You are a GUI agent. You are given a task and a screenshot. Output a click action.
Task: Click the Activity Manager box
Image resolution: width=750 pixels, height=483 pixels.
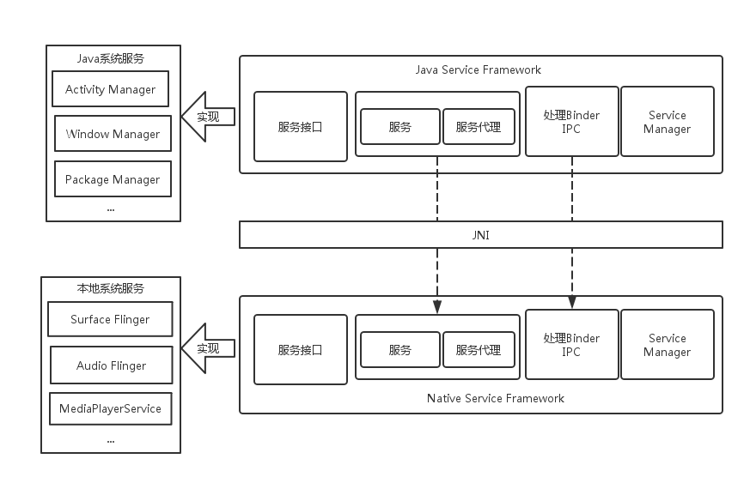click(110, 89)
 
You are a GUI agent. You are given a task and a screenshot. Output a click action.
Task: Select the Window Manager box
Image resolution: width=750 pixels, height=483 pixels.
click(113, 134)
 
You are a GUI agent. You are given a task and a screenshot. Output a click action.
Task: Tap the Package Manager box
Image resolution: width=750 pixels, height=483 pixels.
click(113, 179)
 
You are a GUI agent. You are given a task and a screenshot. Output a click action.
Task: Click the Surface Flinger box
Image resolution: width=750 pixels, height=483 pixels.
click(110, 319)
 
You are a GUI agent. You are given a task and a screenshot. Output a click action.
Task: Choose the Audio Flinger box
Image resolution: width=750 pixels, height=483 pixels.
click(111, 365)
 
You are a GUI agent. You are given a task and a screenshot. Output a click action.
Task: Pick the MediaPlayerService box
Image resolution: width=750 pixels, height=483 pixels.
click(110, 408)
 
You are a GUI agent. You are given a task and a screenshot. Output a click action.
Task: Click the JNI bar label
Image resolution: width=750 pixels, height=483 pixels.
click(480, 234)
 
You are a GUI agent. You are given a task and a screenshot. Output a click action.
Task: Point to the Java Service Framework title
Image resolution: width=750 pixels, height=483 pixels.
click(479, 69)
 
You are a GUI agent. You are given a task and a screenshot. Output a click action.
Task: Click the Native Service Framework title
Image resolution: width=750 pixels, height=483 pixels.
click(496, 398)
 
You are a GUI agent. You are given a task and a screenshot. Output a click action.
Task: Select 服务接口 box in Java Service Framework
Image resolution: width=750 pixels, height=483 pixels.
click(301, 127)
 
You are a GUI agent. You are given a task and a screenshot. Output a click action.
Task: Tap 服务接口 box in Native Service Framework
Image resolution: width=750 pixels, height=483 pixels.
click(301, 350)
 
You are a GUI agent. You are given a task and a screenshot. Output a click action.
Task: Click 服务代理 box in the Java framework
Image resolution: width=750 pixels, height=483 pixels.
click(479, 127)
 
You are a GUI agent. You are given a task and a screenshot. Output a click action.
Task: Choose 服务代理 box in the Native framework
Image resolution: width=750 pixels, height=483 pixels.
click(479, 350)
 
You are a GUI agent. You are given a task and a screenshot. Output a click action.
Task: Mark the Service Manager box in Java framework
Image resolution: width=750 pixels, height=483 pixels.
click(667, 122)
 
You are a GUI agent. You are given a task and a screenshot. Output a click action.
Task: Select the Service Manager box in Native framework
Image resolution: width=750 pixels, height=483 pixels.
click(667, 345)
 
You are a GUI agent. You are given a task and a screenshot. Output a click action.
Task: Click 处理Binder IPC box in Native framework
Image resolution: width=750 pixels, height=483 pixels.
click(571, 345)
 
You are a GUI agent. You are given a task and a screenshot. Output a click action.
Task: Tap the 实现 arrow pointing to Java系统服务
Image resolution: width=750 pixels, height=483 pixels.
click(206, 117)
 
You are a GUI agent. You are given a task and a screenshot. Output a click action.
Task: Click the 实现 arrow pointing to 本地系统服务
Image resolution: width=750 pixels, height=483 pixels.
click(206, 348)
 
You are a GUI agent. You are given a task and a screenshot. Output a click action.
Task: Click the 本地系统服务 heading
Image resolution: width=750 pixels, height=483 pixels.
click(110, 288)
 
